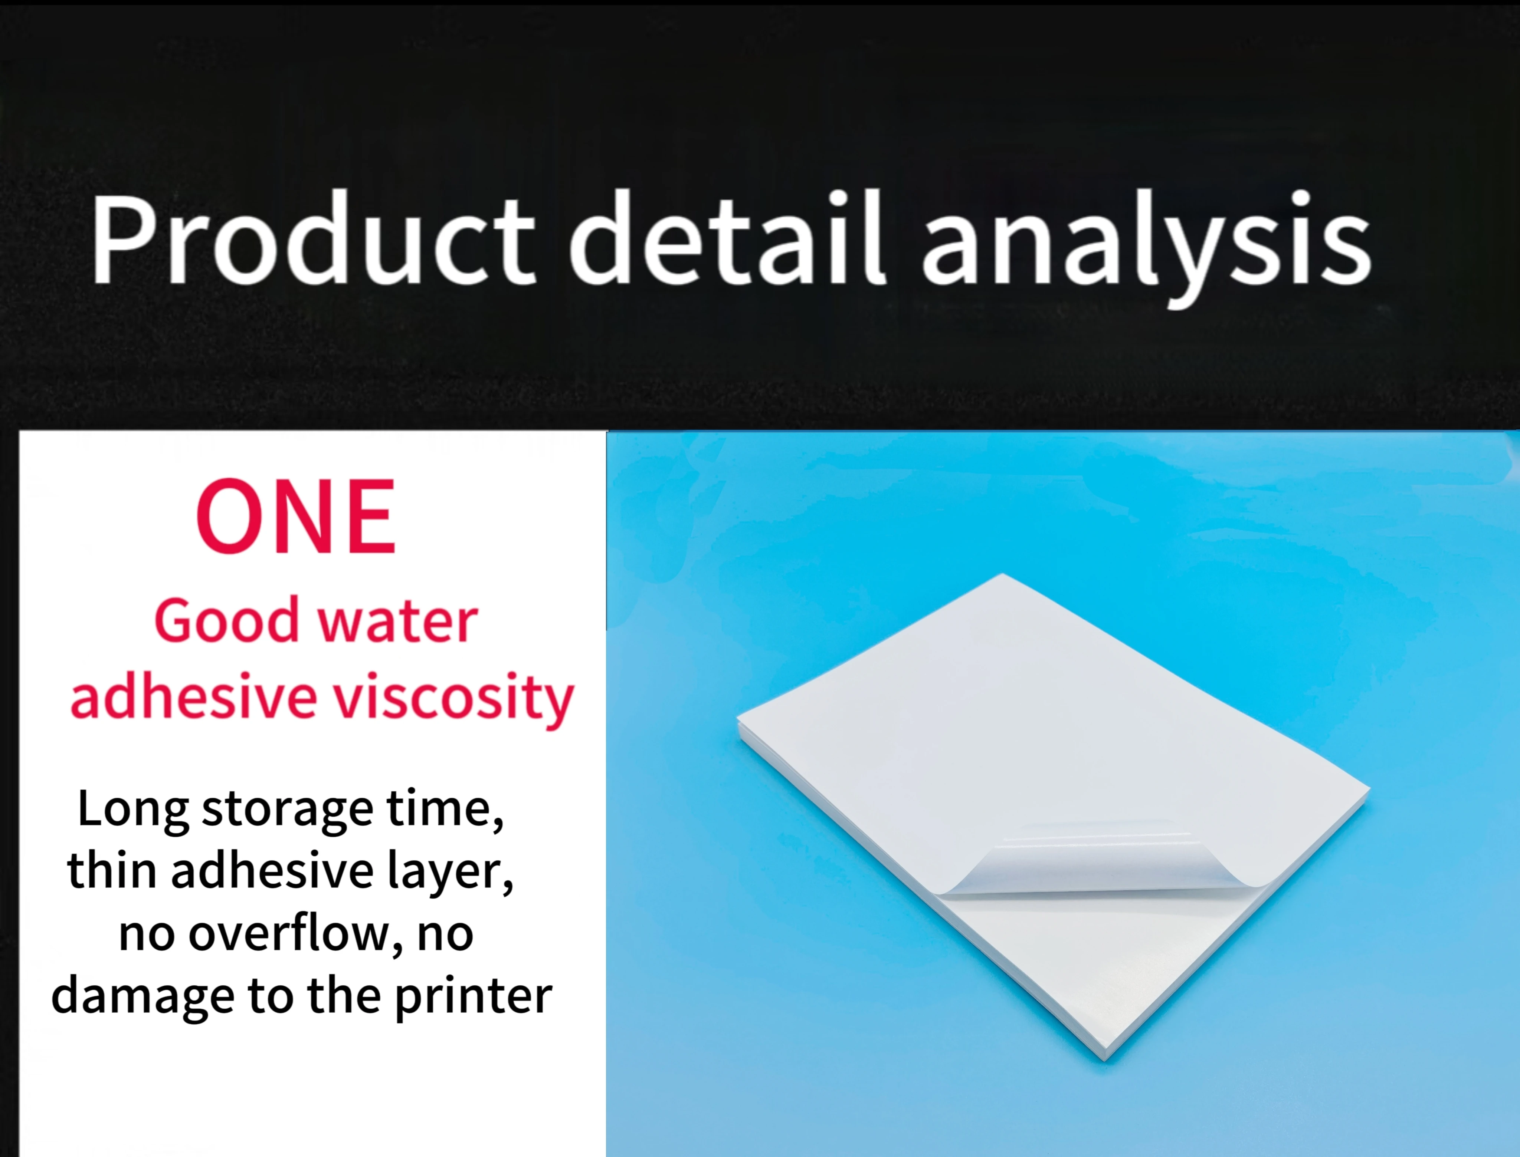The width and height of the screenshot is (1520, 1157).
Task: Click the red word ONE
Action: click(x=296, y=517)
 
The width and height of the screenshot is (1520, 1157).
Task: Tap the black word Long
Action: click(x=132, y=809)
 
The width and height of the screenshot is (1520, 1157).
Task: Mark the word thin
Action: click(x=112, y=870)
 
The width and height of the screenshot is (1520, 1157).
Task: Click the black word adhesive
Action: click(x=272, y=870)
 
